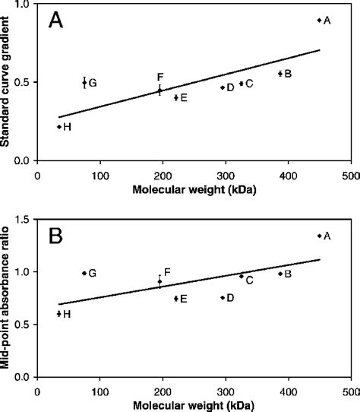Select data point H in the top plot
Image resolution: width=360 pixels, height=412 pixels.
[x=59, y=127]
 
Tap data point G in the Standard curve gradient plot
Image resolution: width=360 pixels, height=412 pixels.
[x=84, y=83]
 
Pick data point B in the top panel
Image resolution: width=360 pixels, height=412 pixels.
[x=280, y=74]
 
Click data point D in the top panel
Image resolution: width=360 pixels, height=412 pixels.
[x=223, y=87]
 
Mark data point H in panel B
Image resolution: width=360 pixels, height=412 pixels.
[x=59, y=313]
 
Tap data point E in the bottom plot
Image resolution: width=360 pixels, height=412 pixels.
[x=176, y=299]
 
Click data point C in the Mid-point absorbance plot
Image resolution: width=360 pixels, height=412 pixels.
[x=242, y=276]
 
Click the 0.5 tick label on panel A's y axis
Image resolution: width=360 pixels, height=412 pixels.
[x=25, y=82]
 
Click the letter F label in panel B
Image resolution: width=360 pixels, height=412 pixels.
[x=167, y=271]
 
